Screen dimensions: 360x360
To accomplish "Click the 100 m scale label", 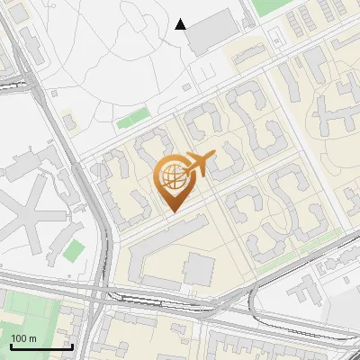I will click(23, 338).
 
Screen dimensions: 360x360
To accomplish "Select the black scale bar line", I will click(41, 346).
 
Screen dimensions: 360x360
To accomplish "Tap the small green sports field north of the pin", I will click(132, 118).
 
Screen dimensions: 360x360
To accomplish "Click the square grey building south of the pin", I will click(200, 268).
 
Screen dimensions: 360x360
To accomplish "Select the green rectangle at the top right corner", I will click(270, 6).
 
